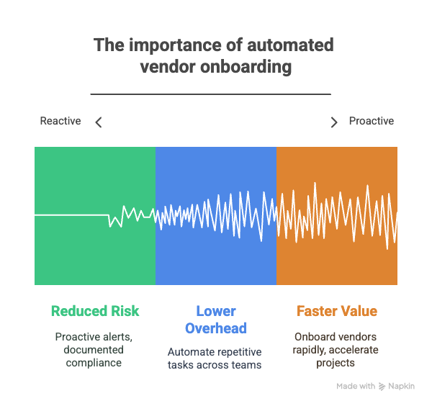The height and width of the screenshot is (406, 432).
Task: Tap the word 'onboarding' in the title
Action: click(246, 67)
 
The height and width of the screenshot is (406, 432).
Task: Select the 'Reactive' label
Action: click(60, 121)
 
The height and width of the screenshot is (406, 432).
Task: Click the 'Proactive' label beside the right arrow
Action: click(372, 121)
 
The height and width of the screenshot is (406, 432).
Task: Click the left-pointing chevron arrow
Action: click(99, 122)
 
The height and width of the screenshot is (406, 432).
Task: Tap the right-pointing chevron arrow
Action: click(334, 122)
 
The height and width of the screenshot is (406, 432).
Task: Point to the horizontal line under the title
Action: click(211, 94)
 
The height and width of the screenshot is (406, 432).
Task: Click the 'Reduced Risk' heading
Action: click(95, 311)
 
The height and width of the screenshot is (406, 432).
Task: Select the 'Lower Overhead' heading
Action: click(216, 320)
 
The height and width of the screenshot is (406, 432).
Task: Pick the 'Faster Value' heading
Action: click(337, 311)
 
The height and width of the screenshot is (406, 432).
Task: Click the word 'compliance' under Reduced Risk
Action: click(94, 363)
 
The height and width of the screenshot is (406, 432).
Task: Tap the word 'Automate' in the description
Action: click(190, 352)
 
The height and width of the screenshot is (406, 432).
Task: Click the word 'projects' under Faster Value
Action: click(336, 364)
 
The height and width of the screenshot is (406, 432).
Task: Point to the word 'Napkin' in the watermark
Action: click(402, 387)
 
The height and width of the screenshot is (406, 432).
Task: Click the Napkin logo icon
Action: click(382, 387)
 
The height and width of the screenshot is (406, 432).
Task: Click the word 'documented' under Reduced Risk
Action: click(94, 350)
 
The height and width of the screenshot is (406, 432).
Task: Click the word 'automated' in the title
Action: click(290, 45)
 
